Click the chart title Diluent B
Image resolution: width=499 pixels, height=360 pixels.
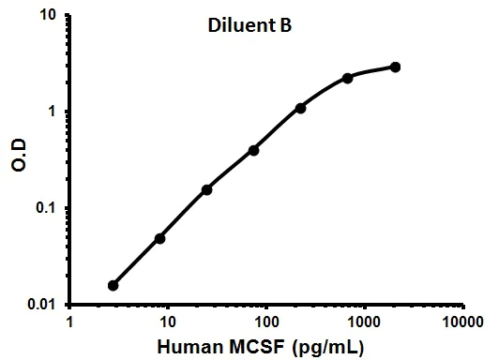click(249, 26)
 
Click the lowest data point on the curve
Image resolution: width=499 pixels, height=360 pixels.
click(113, 285)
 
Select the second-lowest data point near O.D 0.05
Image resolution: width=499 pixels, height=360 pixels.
click(160, 238)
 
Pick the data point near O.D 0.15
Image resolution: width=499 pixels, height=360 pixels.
click(206, 189)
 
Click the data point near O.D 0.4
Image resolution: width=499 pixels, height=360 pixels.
click(254, 150)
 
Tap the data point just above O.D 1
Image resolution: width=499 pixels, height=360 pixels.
click(301, 108)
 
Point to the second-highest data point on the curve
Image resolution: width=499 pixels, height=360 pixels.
click(348, 78)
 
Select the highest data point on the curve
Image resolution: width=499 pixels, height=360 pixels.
click(395, 67)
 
